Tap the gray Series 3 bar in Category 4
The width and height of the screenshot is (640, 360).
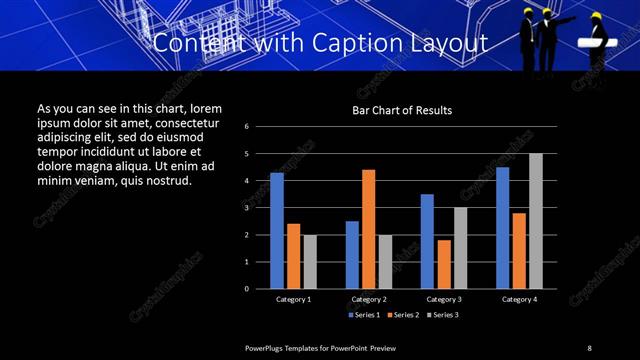(536, 221)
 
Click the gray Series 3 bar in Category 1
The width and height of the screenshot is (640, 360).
(310, 262)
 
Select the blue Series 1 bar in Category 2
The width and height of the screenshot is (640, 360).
(352, 255)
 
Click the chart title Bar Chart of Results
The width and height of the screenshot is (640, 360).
(402, 110)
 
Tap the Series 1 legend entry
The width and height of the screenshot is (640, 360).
(364, 315)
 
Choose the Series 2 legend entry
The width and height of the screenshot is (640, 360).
(403, 315)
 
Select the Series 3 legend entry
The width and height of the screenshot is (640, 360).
(442, 315)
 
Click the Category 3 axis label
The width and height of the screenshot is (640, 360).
(443, 299)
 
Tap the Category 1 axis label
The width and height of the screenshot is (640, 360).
(293, 299)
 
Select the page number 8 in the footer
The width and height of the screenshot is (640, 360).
(589, 348)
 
